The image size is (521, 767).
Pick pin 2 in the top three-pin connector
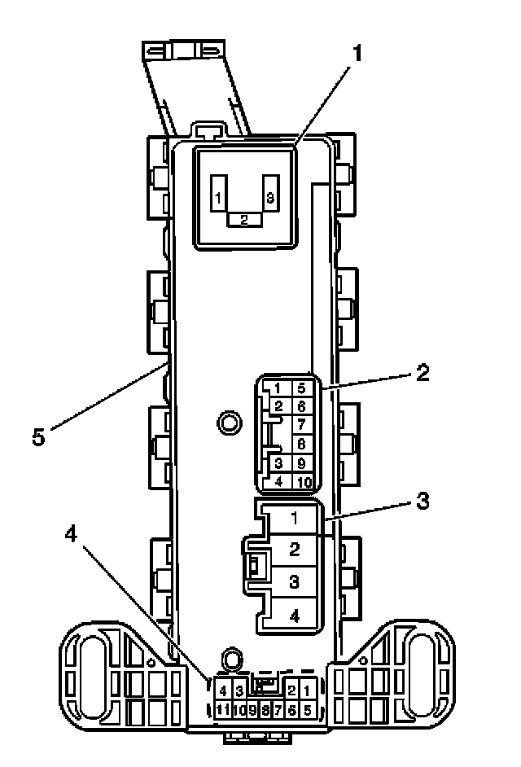[243, 219]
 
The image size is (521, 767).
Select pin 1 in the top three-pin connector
[218, 198]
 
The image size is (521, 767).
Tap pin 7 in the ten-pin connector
[301, 424]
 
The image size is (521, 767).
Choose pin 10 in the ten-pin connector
[302, 480]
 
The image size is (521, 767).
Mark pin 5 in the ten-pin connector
[301, 388]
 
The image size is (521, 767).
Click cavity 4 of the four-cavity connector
[295, 616]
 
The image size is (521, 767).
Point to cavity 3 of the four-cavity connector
[295, 582]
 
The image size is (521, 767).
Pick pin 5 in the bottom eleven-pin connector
[308, 709]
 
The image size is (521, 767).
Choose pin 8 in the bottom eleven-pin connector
[265, 709]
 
